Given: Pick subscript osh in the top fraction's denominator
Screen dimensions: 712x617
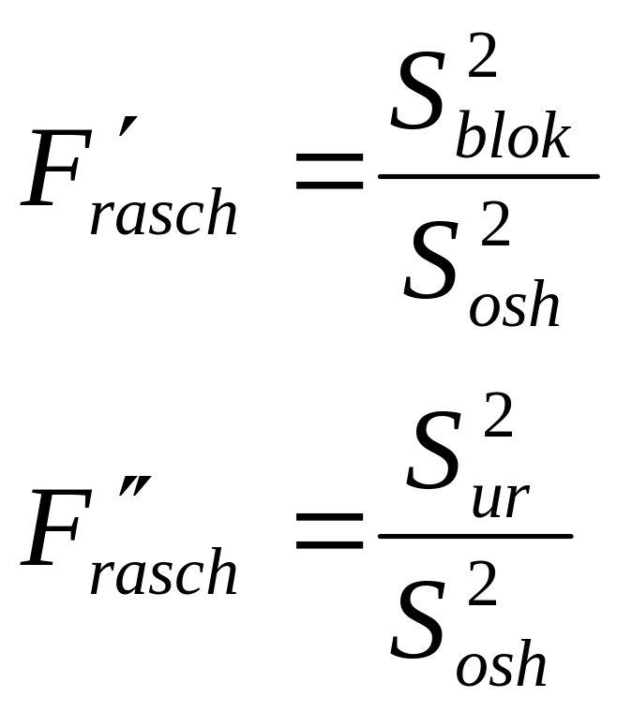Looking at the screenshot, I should (x=514, y=305).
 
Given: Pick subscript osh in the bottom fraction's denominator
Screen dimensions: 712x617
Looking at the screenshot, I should (x=501, y=665).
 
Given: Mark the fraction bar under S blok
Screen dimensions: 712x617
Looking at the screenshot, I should (x=488, y=175).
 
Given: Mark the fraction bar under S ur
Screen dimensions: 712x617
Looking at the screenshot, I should (x=474, y=536).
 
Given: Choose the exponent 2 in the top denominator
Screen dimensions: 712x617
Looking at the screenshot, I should (x=495, y=229).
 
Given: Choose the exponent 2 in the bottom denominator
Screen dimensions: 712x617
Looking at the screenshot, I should (x=482, y=587).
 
